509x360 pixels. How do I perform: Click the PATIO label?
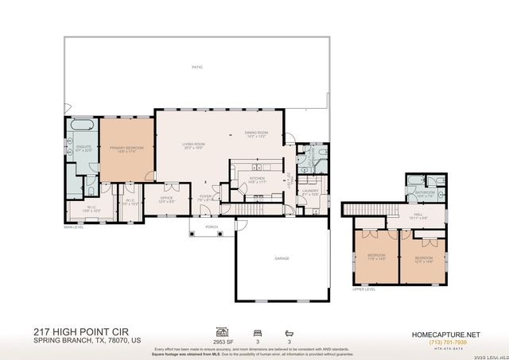pyautogui.click(x=196, y=68)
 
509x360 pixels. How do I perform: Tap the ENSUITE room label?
pyautogui.click(x=83, y=147)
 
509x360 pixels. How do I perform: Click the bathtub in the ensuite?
pyautogui.click(x=82, y=126)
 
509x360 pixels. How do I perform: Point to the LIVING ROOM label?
pyautogui.click(x=194, y=145)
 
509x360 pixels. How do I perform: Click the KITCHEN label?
pyautogui.click(x=257, y=179)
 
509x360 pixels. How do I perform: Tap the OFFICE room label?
pyautogui.click(x=166, y=199)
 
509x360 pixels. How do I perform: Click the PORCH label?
pyautogui.click(x=212, y=226)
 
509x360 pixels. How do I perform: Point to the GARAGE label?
pyautogui.click(x=282, y=258)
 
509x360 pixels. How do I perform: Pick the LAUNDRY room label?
pyautogui.click(x=309, y=191)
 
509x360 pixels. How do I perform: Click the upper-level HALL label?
pyautogui.click(x=418, y=215)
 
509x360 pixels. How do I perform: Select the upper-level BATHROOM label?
pyautogui.click(x=424, y=192)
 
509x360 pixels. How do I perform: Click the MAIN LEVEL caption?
pyautogui.click(x=74, y=226)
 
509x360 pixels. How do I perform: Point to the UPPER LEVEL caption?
pyautogui.click(x=363, y=289)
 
